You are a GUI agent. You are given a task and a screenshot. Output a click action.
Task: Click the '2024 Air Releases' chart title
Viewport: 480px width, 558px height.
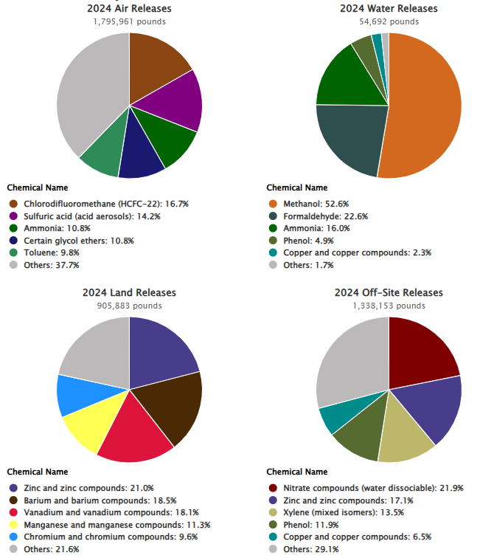(129, 8)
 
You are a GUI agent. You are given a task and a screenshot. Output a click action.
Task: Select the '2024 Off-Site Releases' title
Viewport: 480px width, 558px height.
(389, 293)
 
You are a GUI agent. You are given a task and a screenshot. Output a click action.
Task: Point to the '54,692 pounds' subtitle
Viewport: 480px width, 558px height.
(389, 21)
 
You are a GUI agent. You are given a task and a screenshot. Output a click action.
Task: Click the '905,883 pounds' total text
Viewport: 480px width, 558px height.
(129, 306)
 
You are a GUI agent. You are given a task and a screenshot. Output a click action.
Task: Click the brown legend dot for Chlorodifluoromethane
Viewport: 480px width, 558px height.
(13, 204)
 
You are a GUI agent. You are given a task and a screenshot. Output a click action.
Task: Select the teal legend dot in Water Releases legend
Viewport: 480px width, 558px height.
(272, 252)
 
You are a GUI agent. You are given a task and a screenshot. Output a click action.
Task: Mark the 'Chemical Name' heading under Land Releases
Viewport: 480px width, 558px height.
(37, 472)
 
